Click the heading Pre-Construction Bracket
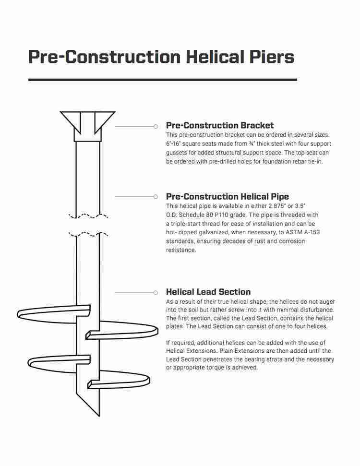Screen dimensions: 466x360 coord(220,126)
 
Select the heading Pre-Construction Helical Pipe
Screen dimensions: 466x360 coord(228,196)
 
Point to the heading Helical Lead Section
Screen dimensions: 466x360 coord(208,292)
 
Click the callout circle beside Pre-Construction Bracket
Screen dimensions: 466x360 coord(156,126)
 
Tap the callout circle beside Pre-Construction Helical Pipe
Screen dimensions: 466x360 coord(156,197)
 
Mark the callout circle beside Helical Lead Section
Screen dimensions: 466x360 coord(156,292)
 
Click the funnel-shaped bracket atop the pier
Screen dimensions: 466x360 coord(87,122)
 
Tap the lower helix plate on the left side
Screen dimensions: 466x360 coord(55,362)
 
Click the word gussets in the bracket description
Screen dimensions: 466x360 coord(178,153)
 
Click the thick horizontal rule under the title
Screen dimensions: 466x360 coord(162,79)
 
